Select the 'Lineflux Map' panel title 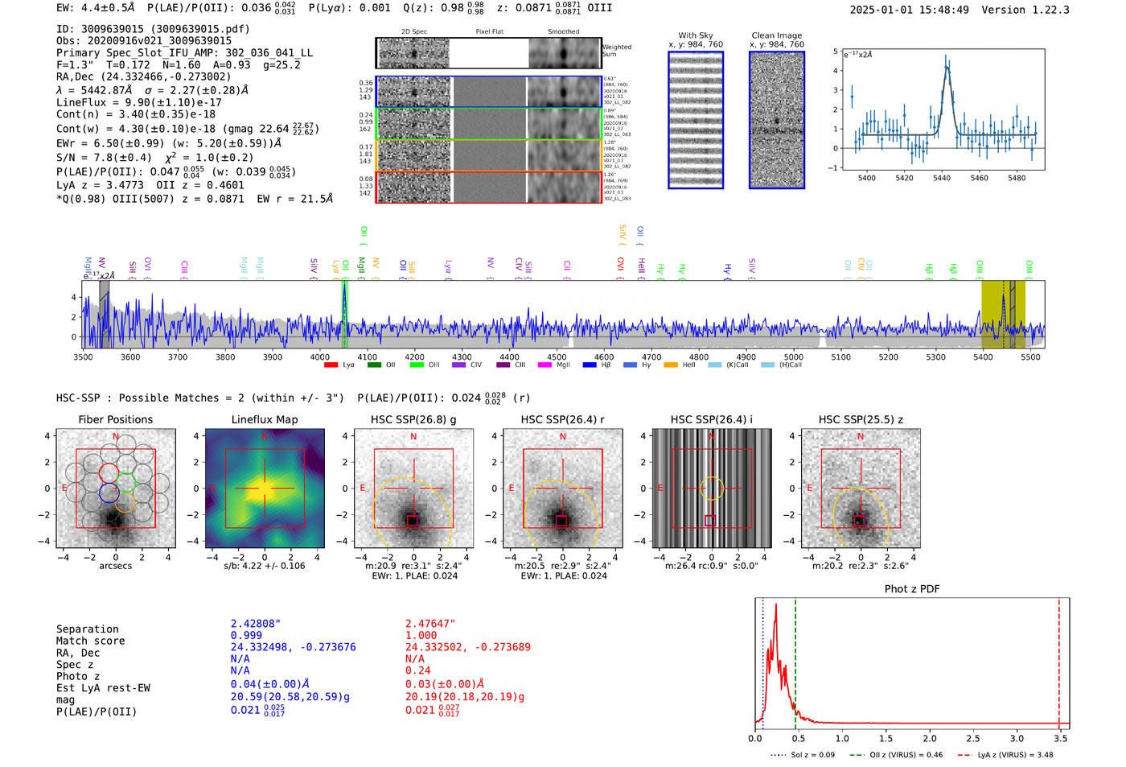pos(264,419)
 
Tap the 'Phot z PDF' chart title pos(912,588)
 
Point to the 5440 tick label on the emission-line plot pos(942,178)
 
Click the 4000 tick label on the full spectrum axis pos(320,357)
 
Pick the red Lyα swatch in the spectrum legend pos(331,365)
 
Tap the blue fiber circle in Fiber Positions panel pos(109,493)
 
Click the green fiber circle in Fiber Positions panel pos(126,482)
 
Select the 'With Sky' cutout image pos(696,120)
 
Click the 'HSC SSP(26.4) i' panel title pos(711,419)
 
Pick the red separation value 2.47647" pos(429,624)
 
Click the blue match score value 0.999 pos(246,635)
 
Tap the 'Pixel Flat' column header pos(489,32)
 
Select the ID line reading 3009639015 pos(153,29)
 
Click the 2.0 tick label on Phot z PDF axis pos(930,738)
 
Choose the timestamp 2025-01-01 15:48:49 pos(909,10)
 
